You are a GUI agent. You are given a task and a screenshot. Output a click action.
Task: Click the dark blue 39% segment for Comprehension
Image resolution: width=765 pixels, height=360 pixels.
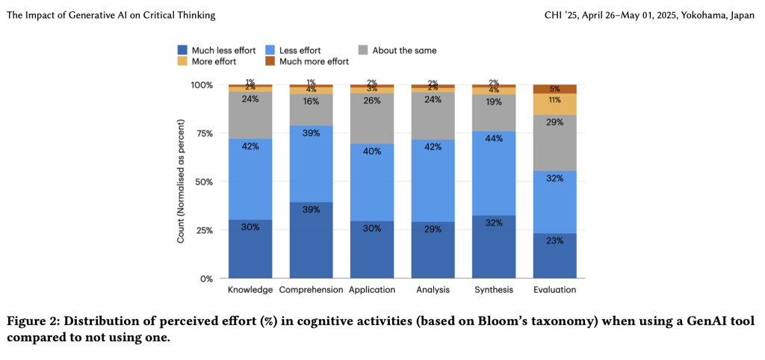coord(311,240)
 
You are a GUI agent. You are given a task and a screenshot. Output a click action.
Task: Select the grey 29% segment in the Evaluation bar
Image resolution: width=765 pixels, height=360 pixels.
coord(554,143)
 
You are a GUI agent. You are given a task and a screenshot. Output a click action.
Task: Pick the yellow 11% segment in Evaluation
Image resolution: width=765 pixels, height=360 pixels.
coord(554,104)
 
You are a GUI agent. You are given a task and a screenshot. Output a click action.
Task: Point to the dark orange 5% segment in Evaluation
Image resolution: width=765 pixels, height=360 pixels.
coord(554,89)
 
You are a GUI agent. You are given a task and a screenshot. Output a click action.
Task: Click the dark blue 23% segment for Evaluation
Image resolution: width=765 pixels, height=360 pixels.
coord(554,255)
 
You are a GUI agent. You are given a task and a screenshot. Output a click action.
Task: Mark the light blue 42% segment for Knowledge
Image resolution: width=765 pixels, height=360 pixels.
coord(250,179)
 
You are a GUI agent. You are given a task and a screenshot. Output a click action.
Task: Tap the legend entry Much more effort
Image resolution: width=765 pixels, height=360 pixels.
coord(314,61)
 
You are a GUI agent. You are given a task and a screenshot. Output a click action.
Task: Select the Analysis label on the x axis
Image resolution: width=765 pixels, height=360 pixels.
coord(433,290)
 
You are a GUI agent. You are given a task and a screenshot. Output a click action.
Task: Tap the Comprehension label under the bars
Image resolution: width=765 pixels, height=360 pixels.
coord(311,290)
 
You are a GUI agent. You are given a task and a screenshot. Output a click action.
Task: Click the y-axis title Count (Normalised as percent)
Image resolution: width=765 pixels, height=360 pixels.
coord(182,181)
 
